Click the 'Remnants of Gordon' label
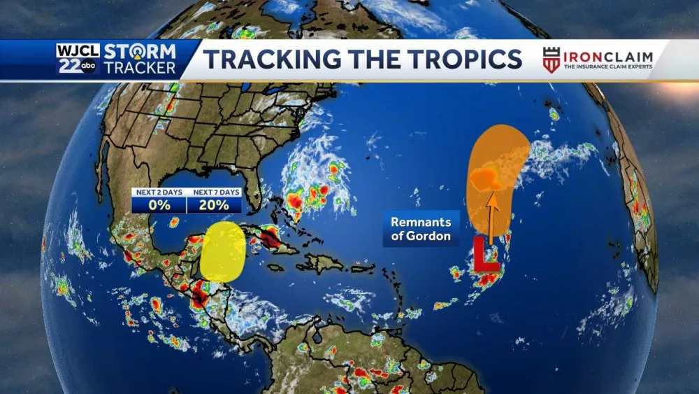pyautogui.click(x=421, y=229)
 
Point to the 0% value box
pyautogui.click(x=159, y=205)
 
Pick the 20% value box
pyautogui.click(x=214, y=205)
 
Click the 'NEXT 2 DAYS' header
pyautogui.click(x=159, y=192)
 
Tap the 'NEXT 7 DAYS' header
pyautogui.click(x=215, y=192)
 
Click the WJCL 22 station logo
pyautogui.click(x=79, y=59)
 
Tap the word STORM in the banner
pyautogui.click(x=140, y=51)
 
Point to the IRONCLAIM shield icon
pyautogui.click(x=552, y=59)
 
